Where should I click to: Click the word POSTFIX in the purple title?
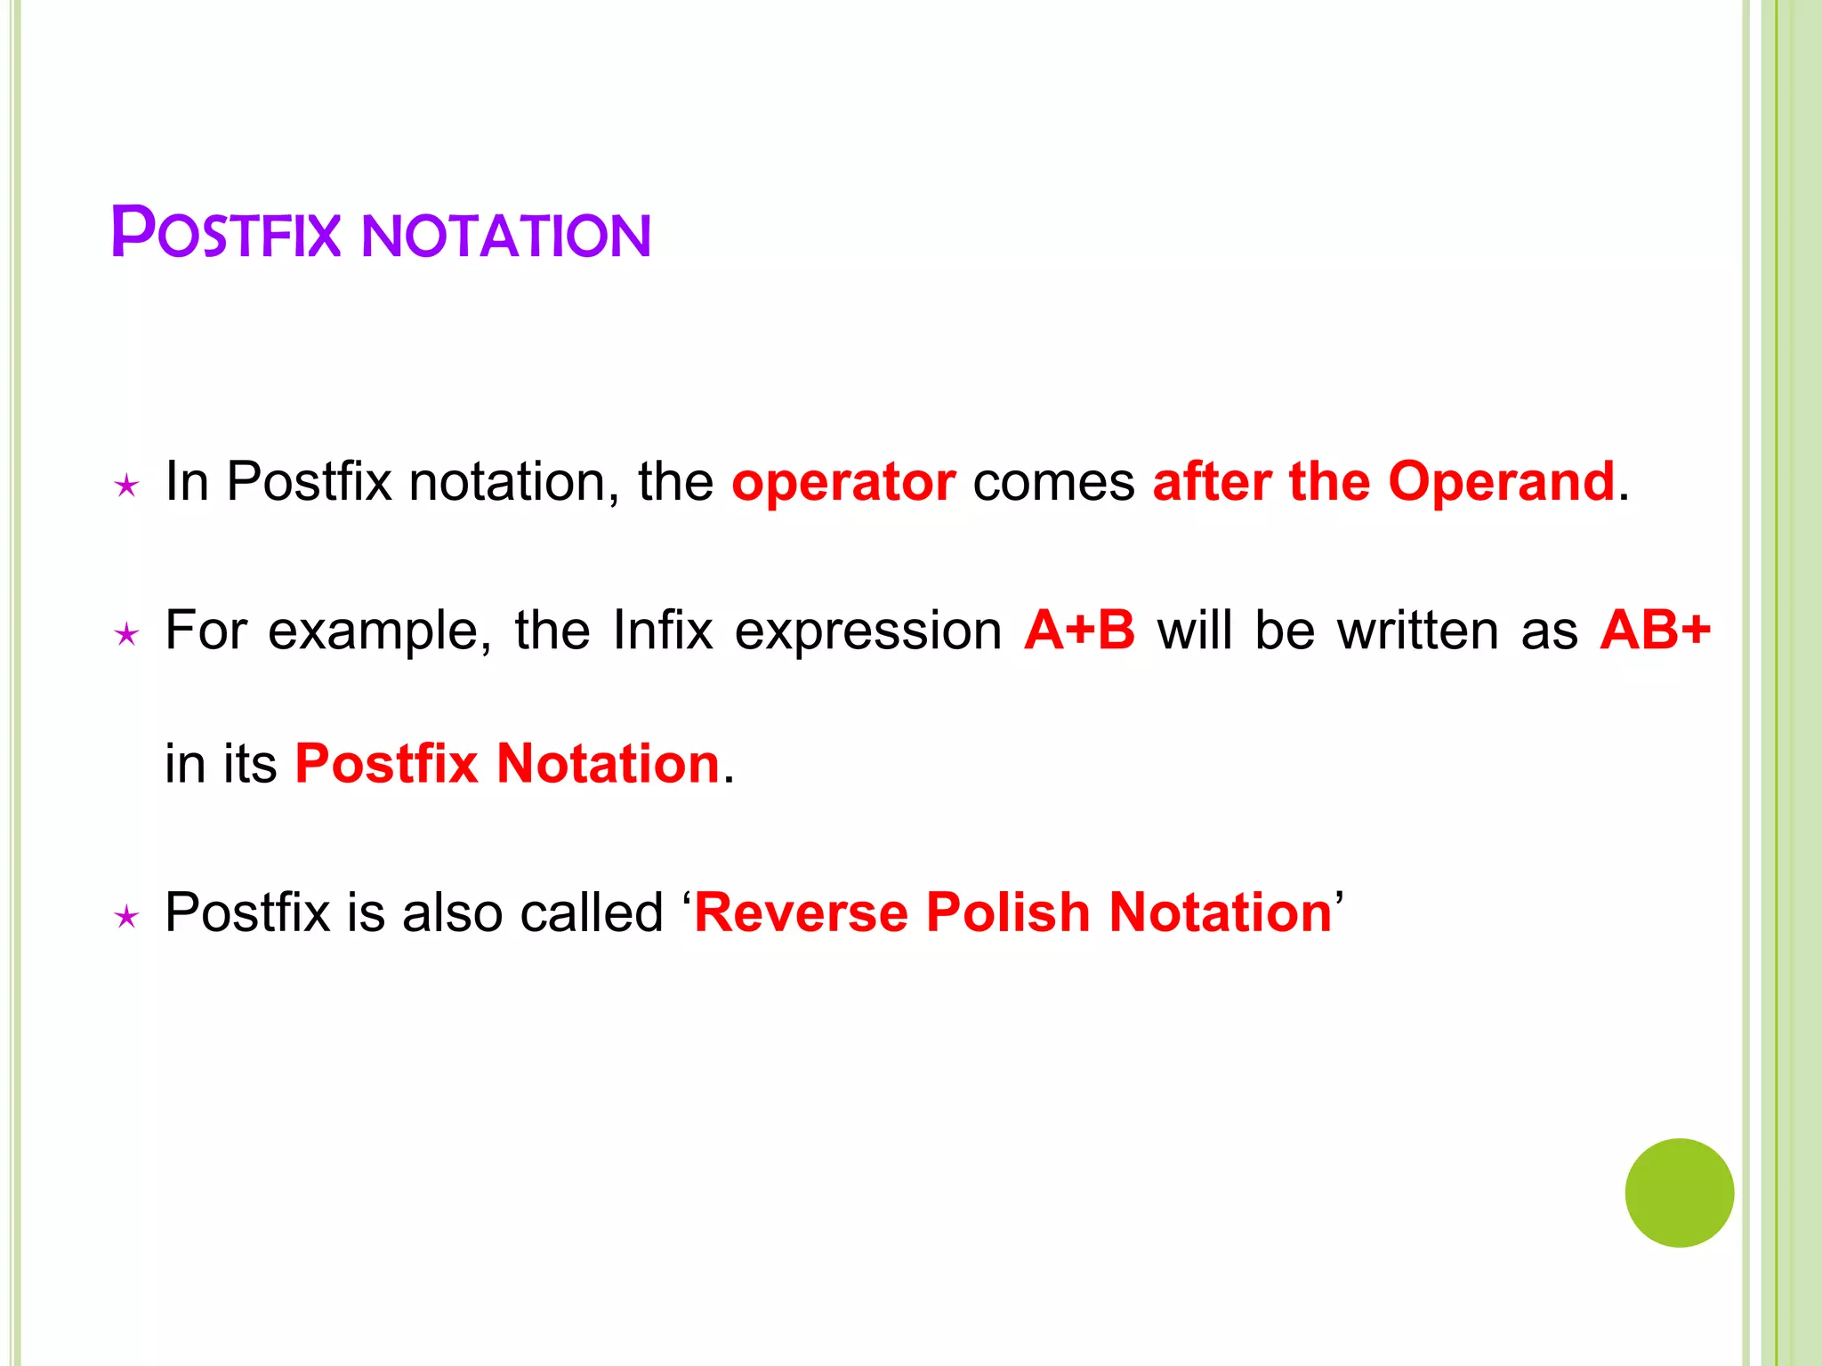(226, 234)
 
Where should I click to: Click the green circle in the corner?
(1679, 1192)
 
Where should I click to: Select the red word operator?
(843, 483)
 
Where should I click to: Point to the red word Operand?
(1501, 482)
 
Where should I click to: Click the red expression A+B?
(1079, 631)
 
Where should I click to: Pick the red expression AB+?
(1655, 631)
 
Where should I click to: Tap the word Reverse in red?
(801, 912)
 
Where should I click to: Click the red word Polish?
(1008, 912)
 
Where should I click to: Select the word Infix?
(663, 631)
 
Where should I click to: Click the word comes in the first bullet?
(1053, 483)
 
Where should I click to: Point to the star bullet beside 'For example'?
(127, 635)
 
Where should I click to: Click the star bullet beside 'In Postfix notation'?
(127, 486)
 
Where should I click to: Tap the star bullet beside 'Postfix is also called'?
(127, 917)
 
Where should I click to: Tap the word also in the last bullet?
(452, 912)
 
